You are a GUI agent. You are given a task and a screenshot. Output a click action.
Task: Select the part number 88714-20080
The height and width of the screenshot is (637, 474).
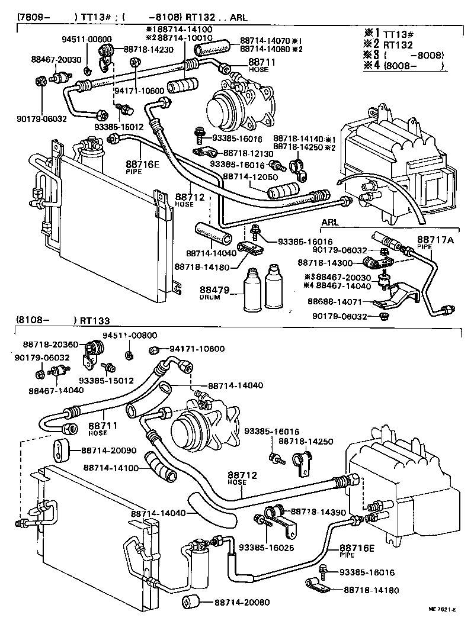242,603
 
